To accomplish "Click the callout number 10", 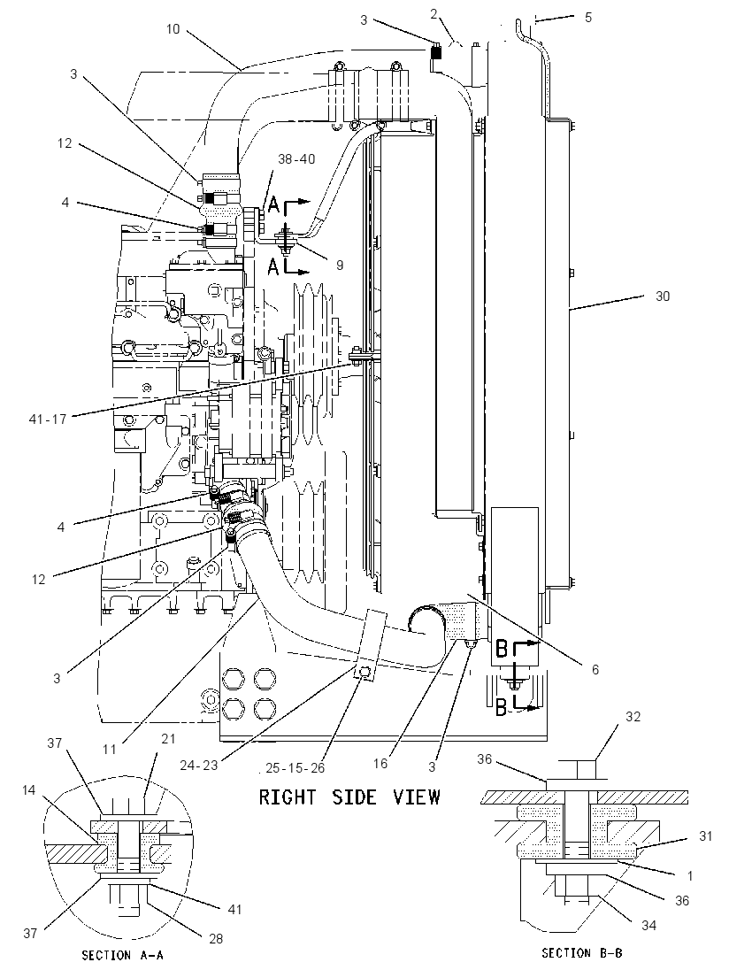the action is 173,29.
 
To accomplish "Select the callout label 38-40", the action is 296,159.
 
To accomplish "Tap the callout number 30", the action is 663,296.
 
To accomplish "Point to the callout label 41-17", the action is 48,419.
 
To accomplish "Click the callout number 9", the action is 340,265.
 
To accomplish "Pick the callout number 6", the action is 595,669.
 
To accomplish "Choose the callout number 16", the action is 380,764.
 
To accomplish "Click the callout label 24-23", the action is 198,766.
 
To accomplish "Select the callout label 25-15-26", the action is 295,767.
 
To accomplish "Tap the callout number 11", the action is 110,749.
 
